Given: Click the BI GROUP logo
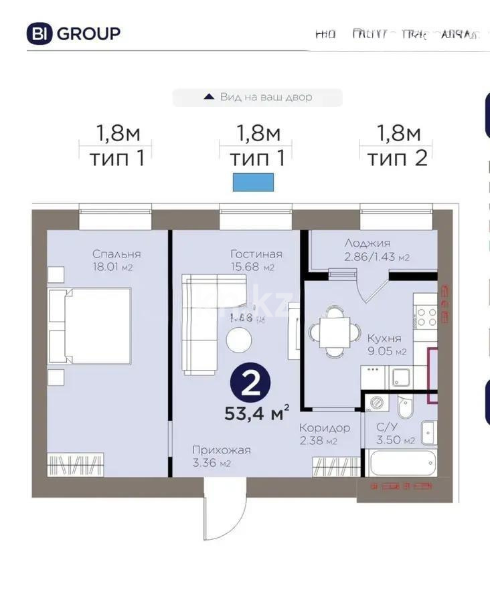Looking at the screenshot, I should click(74, 33).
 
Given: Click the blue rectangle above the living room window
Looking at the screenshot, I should click(253, 182).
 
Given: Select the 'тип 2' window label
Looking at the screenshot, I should click(397, 158).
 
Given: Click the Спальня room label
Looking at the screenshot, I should click(116, 254).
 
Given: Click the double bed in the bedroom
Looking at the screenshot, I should click(90, 326).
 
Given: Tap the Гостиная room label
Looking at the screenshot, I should click(256, 254).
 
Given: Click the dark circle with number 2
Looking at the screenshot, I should click(250, 384).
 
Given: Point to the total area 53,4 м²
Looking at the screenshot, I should click(256, 413).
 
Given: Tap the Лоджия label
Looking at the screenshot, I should click(367, 243).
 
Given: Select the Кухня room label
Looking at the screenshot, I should click(384, 338).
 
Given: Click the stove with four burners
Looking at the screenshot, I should click(426, 316).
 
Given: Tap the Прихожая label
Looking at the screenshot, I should click(221, 450).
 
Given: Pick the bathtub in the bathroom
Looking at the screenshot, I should click(398, 463).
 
